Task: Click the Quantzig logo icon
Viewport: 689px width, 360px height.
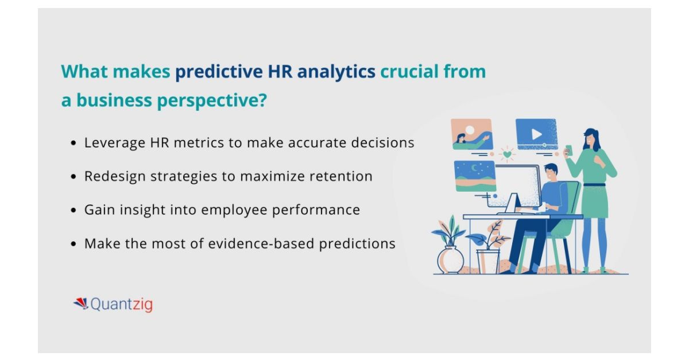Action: tap(80, 303)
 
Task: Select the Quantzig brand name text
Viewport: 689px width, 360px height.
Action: tap(122, 304)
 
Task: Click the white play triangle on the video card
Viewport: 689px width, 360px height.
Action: tap(536, 134)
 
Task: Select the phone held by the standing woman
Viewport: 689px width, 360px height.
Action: tap(569, 149)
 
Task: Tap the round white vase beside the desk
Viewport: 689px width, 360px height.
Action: tap(451, 260)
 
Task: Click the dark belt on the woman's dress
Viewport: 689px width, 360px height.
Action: tap(594, 185)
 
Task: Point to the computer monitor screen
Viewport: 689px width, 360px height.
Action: tap(517, 184)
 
